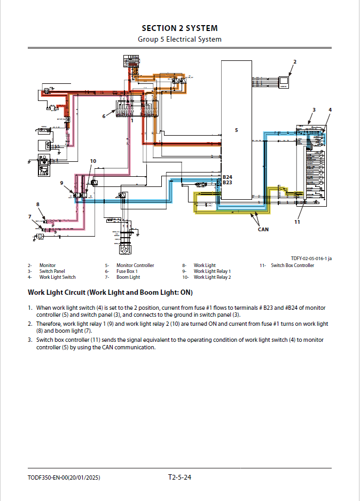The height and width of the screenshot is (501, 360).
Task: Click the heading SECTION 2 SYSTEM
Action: (179, 28)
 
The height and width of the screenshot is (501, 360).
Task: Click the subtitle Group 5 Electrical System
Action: (179, 39)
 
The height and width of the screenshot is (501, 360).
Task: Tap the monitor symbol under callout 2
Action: (284, 82)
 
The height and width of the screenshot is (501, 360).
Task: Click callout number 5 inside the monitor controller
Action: (236, 130)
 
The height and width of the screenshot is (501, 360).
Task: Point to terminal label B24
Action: (228, 177)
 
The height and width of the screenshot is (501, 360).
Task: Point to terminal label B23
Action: (228, 183)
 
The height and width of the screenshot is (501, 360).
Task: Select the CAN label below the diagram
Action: (262, 229)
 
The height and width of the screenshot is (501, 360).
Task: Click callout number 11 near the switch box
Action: (297, 222)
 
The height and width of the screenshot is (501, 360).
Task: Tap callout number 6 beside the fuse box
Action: (104, 115)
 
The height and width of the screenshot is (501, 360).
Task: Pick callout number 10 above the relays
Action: (93, 161)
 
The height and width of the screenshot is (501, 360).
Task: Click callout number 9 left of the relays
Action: (62, 183)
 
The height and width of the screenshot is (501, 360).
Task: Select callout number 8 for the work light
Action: (38, 204)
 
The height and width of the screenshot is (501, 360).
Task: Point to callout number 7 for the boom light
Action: (30, 216)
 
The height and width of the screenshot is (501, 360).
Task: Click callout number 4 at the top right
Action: (330, 110)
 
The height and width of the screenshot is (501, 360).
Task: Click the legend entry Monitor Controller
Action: (135, 265)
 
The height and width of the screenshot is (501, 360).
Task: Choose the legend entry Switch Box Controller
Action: (292, 265)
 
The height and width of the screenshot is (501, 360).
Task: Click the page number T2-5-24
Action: (179, 477)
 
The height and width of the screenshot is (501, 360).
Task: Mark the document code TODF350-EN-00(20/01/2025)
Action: (64, 477)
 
